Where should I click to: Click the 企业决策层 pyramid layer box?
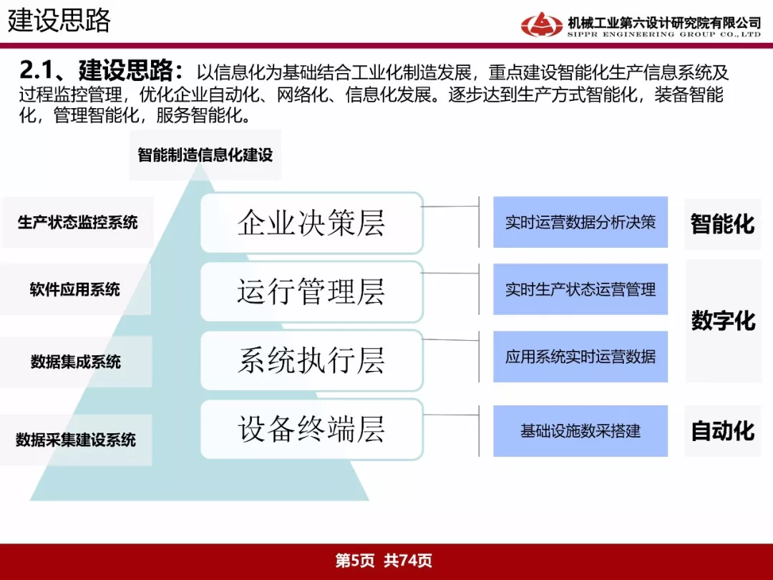coord(311,223)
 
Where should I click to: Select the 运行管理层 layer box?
coord(311,291)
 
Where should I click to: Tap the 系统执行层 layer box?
coord(311,360)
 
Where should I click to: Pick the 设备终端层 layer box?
coord(311,429)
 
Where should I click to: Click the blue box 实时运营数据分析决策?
coord(580,222)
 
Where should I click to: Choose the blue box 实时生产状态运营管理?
coord(580,289)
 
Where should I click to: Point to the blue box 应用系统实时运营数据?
coord(580,356)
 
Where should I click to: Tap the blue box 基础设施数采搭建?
coord(580,431)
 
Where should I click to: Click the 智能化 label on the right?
coord(723,224)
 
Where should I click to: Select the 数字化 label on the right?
coord(723,321)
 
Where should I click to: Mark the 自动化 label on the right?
coord(723,430)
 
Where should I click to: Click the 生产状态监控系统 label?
coord(77,223)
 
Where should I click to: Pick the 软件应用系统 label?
coord(75,289)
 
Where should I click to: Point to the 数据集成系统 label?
coord(75,362)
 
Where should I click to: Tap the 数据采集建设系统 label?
coord(75,440)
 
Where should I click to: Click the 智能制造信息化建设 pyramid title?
coord(205,155)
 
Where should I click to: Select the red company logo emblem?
coord(541,24)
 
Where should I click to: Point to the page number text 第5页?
coord(355,560)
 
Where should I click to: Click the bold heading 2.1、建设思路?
coord(101,70)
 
